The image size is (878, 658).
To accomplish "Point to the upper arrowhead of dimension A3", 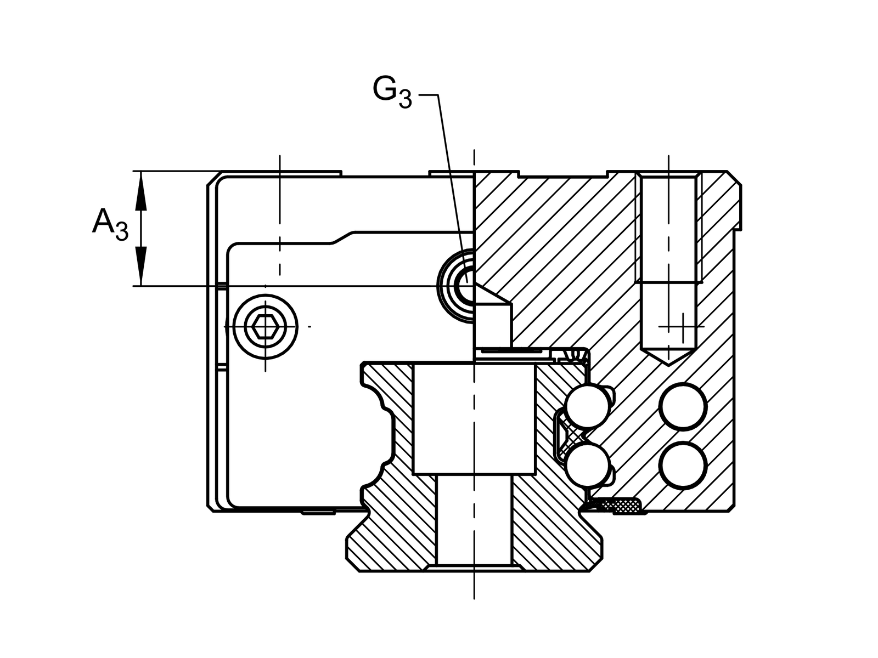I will click(142, 192).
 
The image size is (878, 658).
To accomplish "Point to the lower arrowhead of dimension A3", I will click(142, 265).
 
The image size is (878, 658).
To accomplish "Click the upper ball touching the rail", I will click(587, 406).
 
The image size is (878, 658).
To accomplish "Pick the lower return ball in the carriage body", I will click(682, 465).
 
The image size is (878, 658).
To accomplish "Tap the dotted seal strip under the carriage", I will click(620, 504).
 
